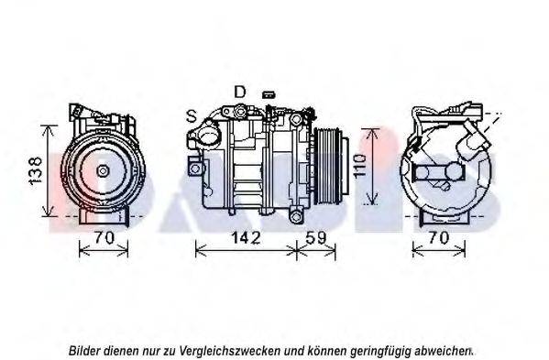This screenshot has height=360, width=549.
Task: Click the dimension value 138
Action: click(36, 170)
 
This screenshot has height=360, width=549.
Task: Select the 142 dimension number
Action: click(246, 238)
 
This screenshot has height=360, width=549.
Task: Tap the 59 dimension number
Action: click(316, 238)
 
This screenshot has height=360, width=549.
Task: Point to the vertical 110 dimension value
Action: click(360, 166)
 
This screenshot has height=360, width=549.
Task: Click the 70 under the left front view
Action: click(104, 238)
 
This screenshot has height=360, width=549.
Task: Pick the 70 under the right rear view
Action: click(438, 238)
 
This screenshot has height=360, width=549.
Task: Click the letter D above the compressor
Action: click(240, 92)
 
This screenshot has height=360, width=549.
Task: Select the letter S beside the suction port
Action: click(192, 116)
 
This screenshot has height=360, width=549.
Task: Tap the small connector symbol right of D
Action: click(269, 94)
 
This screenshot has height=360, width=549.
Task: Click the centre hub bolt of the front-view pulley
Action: click(103, 171)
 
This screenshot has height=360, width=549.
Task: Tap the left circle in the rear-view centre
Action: click(422, 172)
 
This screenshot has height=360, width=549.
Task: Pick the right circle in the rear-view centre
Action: click(456, 172)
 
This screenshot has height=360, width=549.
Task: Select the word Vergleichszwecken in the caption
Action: click(230, 351)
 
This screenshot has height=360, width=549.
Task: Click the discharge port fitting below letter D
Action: click(240, 111)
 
